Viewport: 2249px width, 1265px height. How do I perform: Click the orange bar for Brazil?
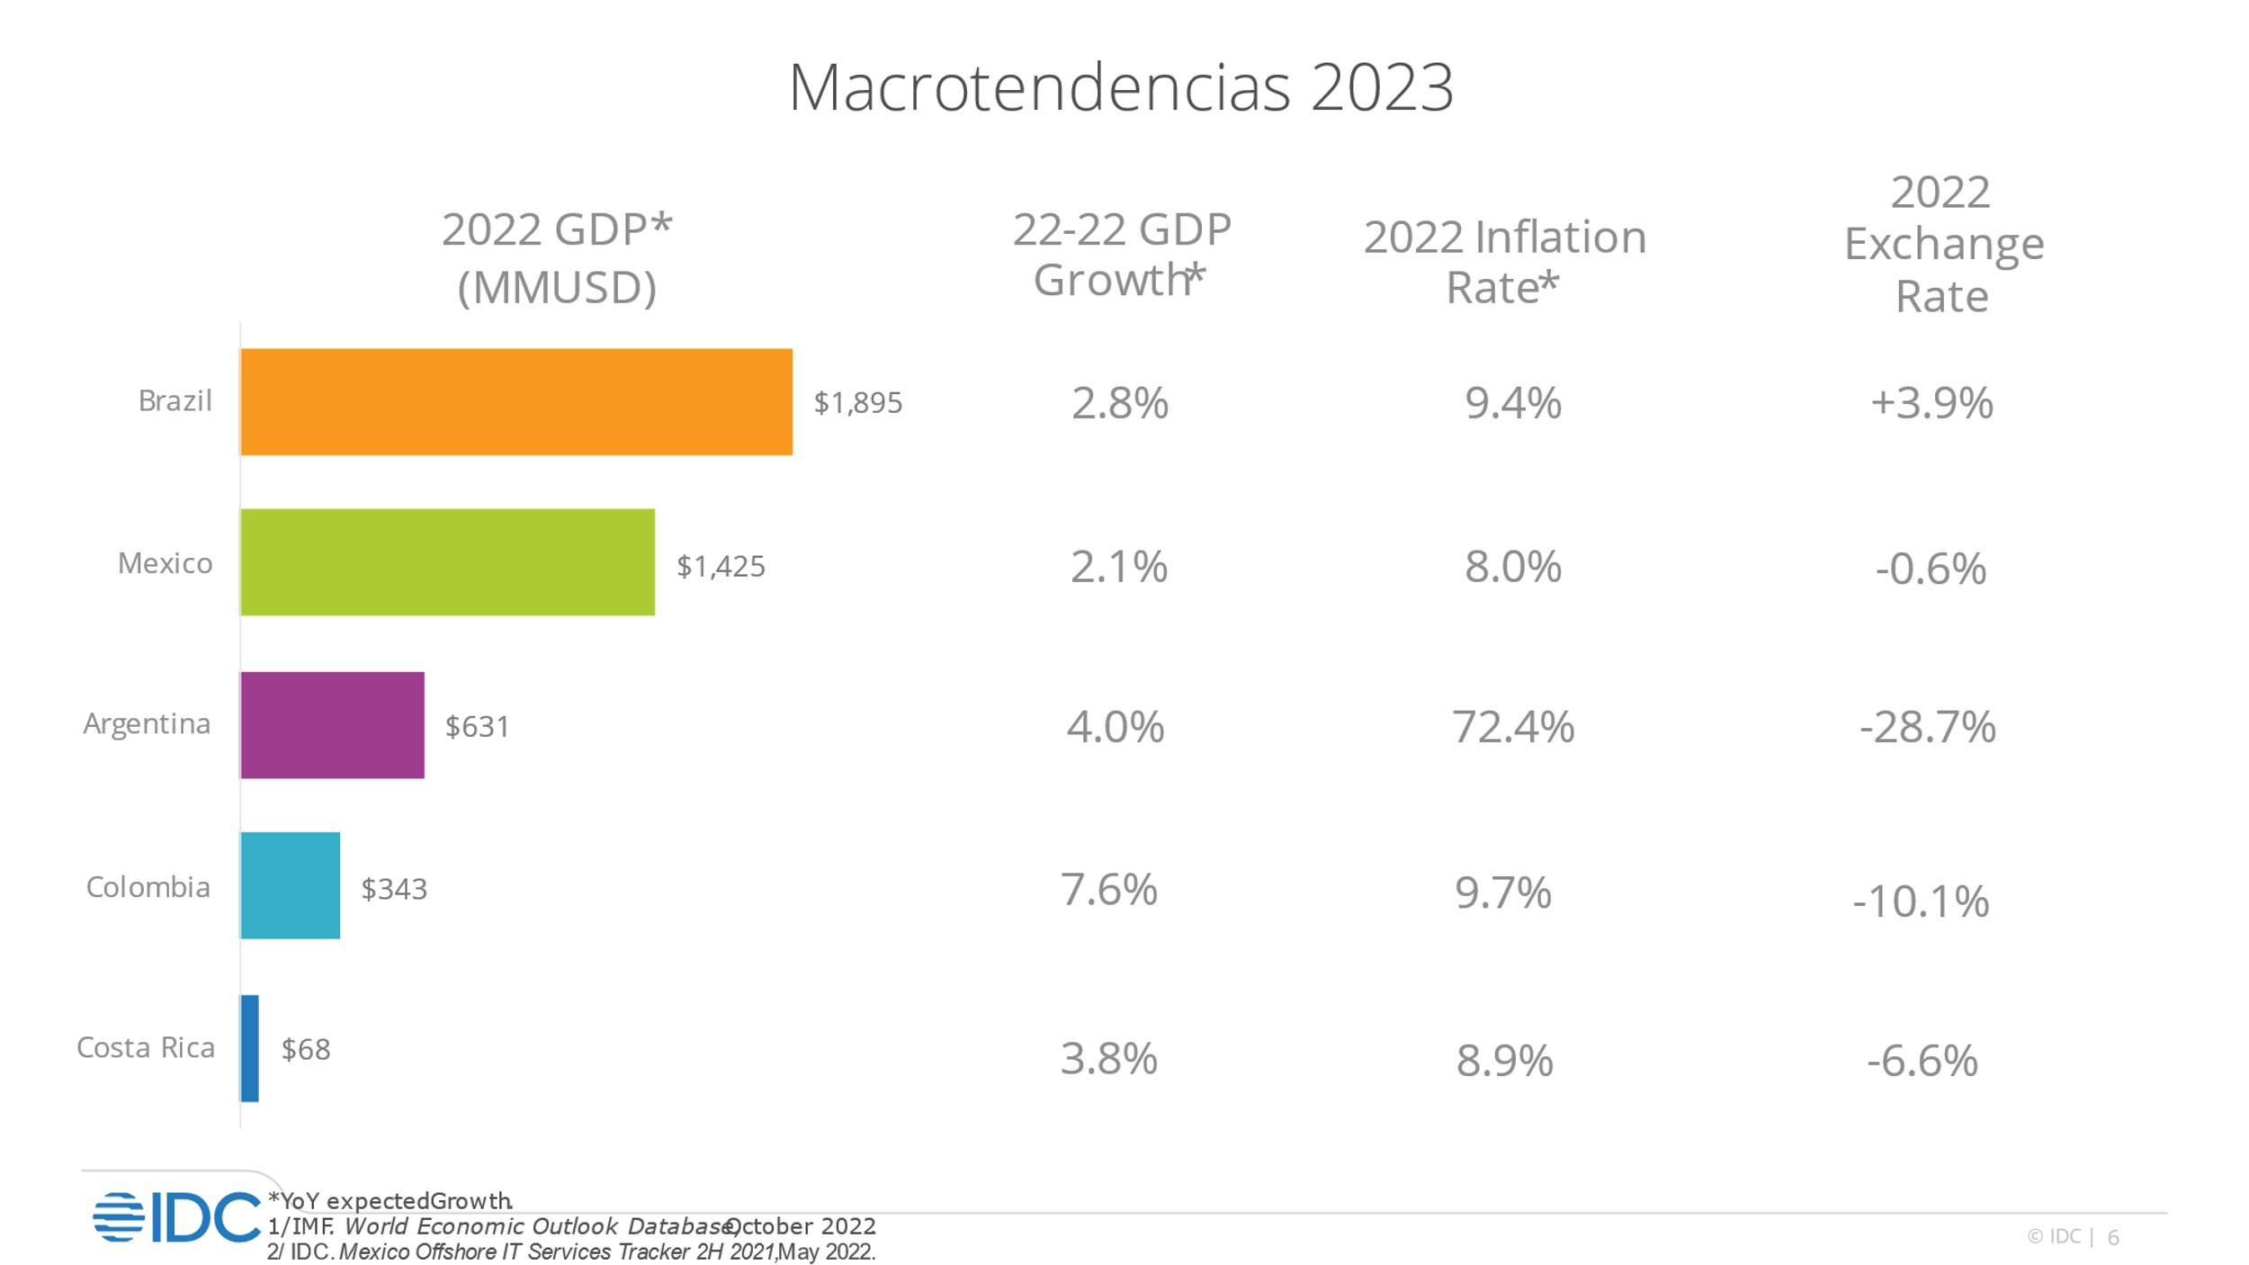coord(516,402)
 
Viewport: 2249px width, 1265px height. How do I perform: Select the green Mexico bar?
coord(447,562)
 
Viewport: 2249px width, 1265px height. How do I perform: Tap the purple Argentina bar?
coord(332,725)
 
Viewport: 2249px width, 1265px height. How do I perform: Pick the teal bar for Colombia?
coord(290,886)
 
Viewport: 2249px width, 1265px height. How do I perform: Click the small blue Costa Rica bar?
coord(250,1048)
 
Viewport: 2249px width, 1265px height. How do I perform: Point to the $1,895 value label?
coord(857,403)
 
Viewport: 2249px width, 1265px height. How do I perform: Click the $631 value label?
coord(478,727)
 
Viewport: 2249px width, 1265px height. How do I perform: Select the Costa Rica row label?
coord(146,1048)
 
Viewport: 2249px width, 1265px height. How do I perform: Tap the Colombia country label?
coord(148,888)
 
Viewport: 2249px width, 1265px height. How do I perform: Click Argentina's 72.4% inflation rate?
coord(1513,727)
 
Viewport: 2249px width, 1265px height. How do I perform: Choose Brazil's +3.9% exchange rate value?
coord(1931,403)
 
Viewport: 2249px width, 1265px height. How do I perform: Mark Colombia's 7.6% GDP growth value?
coord(1109,890)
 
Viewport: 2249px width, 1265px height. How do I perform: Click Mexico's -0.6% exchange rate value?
coord(1931,569)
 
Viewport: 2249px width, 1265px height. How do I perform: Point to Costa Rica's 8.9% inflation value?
coord(1505,1061)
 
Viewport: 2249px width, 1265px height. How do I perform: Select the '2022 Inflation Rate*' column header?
coord(1505,262)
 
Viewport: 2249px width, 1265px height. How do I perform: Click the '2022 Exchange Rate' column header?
coord(1943,244)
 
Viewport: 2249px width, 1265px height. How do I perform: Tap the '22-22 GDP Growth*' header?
coord(1121,255)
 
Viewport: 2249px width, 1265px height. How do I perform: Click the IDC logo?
coord(176,1217)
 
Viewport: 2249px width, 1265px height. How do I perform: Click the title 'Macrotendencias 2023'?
coord(1121,88)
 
